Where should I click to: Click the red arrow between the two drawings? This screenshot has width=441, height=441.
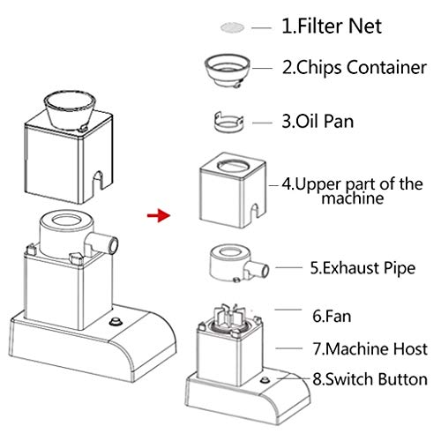click(159, 215)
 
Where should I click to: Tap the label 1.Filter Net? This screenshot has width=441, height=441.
click(332, 26)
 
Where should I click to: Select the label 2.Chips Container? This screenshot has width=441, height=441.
click(355, 68)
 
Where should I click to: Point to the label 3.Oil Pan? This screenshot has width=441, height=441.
click(318, 122)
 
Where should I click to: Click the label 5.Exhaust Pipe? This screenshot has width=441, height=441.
click(363, 268)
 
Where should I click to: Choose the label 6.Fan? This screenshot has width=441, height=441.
click(332, 317)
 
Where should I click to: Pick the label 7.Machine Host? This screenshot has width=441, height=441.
click(370, 349)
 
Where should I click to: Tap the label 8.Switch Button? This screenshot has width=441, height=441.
click(370, 379)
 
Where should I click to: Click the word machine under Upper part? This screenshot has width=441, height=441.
click(353, 198)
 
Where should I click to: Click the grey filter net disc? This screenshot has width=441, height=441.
click(232, 27)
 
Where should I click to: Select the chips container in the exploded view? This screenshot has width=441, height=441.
click(228, 71)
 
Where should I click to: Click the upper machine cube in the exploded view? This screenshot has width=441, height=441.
click(232, 191)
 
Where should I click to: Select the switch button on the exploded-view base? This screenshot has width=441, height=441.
click(265, 380)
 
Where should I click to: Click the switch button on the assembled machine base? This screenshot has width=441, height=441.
click(116, 321)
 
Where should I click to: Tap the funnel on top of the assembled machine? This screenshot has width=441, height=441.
click(70, 110)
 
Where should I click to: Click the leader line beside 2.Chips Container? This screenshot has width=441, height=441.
click(262, 68)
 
